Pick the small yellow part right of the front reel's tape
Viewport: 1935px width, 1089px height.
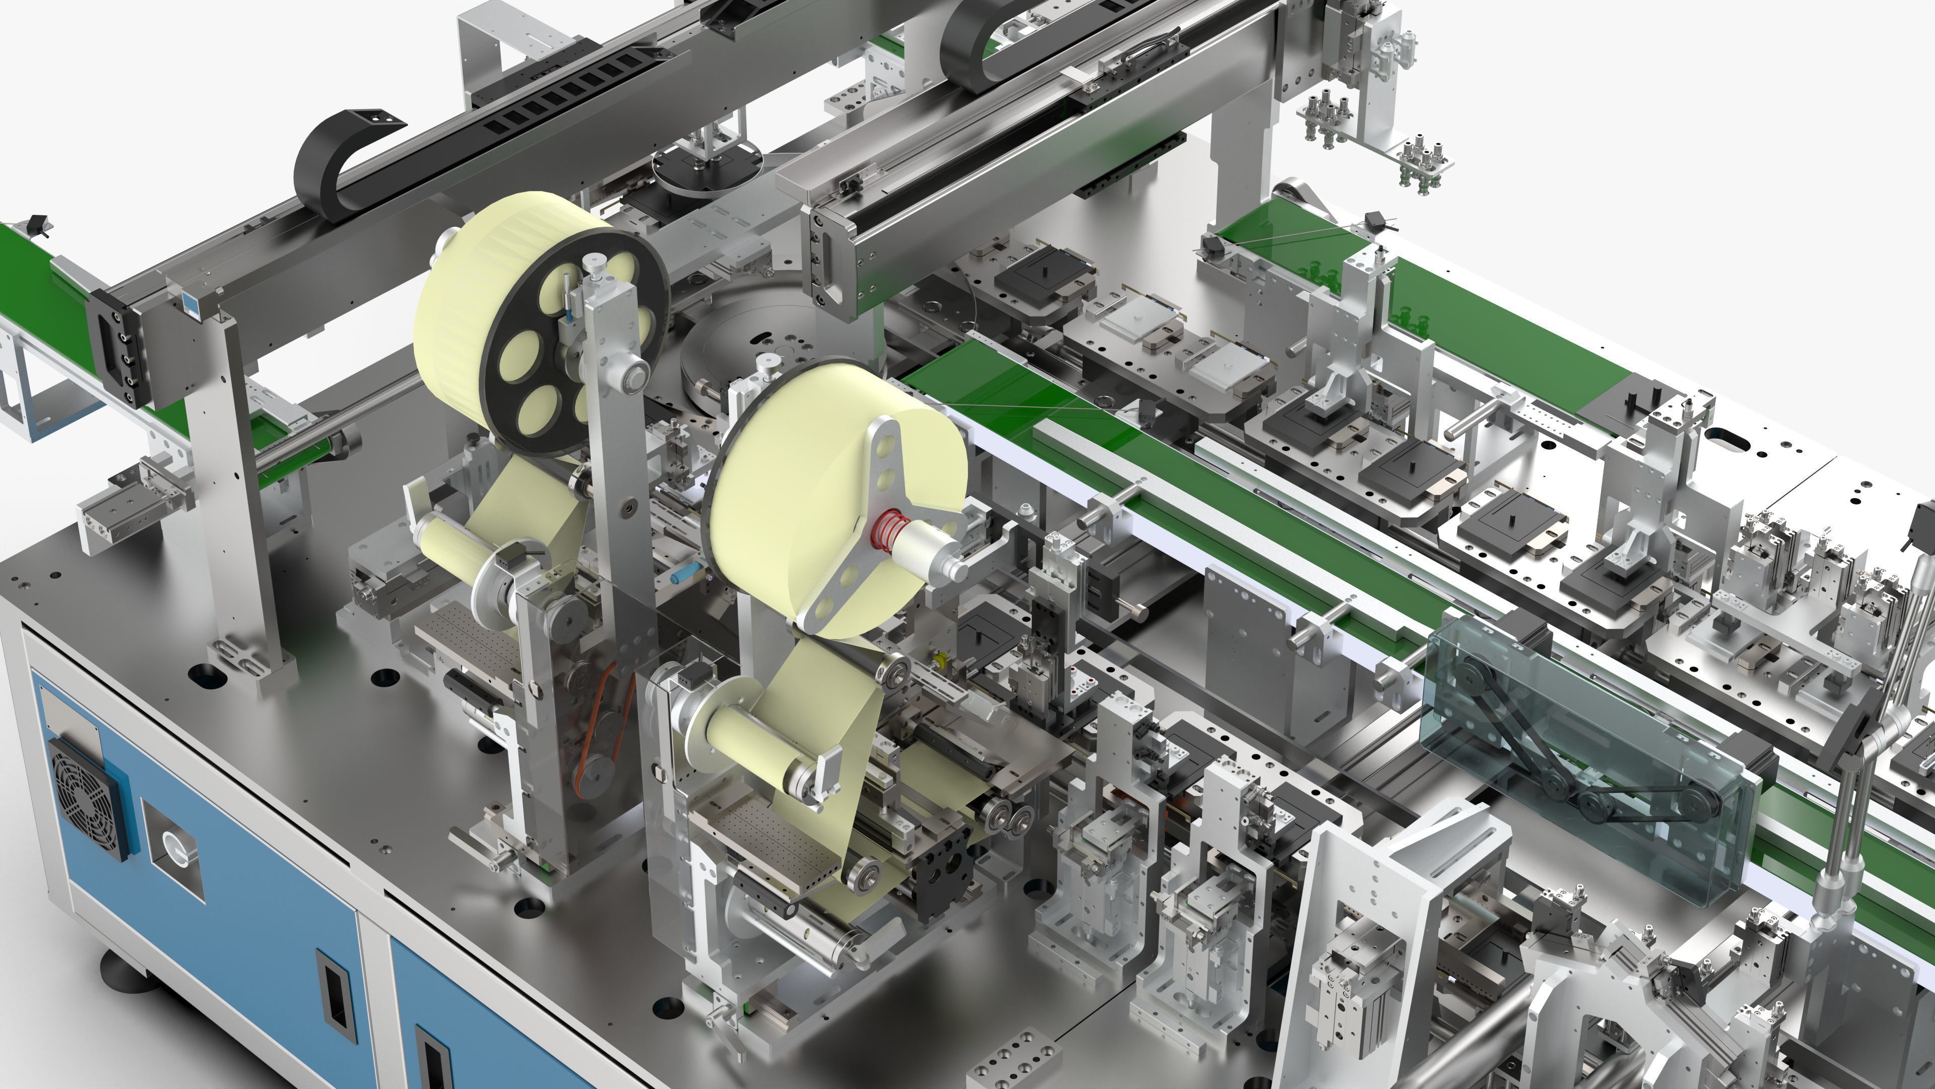[937, 661]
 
